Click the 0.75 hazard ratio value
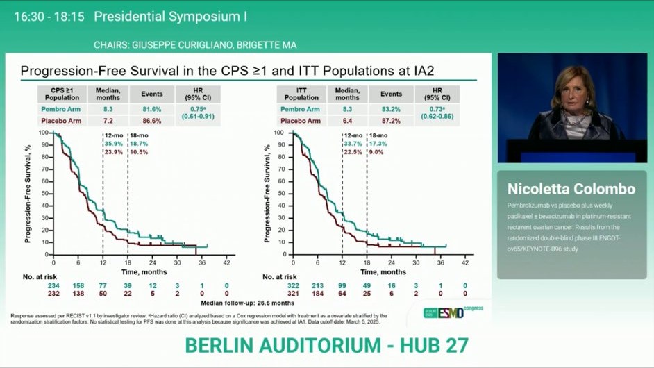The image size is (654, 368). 196,109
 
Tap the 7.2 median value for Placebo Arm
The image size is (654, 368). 108,121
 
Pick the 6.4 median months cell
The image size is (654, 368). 348,121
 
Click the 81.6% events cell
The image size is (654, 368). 151,110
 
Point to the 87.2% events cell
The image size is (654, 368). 391,121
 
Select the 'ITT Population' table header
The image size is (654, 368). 301,94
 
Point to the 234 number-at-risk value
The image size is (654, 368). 53,286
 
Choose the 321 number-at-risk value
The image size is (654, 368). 293,294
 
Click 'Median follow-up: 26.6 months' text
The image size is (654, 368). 247,303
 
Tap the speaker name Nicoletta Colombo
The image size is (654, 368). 571,190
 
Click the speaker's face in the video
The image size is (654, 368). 573,89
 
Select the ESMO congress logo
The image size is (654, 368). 453,312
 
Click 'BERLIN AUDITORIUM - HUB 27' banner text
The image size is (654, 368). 326,345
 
